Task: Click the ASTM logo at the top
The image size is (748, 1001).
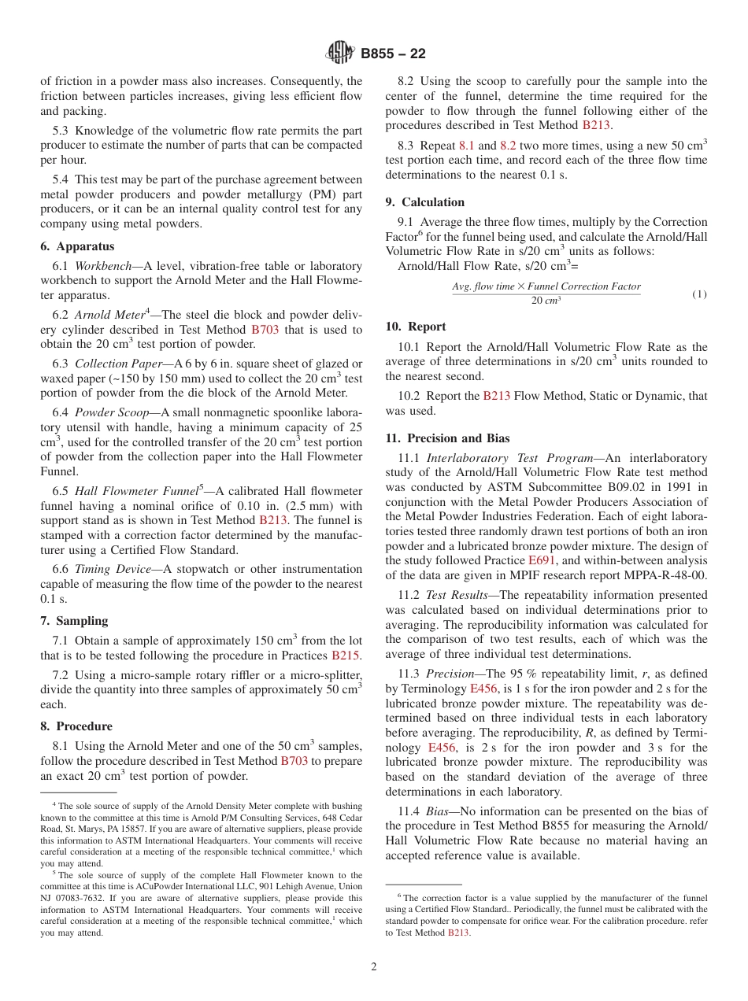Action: pos(340,53)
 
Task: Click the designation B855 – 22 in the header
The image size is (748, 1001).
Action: pos(393,54)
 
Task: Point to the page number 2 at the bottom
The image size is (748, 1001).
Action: pos(374,966)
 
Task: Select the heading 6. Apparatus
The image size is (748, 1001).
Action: pos(74,246)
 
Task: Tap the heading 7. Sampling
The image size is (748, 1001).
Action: pos(74,621)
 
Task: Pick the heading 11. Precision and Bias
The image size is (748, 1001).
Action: pos(447,438)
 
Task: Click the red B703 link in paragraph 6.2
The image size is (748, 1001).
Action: pos(265,331)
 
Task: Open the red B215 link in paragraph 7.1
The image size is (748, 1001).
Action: pos(346,656)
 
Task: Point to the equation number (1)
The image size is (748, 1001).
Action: pos(699,294)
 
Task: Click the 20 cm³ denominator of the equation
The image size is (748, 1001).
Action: pos(546,301)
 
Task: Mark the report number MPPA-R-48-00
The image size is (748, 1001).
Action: pos(668,575)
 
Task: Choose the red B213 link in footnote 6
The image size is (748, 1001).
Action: pos(458,933)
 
